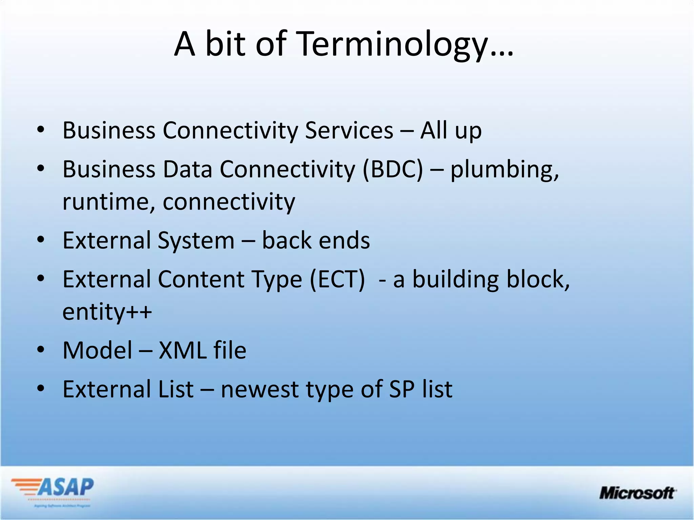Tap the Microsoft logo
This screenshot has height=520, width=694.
(x=637, y=493)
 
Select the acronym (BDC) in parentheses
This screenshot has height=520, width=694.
(x=393, y=169)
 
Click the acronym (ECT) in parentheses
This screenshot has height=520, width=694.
(x=338, y=280)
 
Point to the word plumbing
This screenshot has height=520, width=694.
(x=504, y=169)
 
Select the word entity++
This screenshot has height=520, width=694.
(x=107, y=312)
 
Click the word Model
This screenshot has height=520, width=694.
(x=98, y=350)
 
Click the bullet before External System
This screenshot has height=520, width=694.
(x=41, y=240)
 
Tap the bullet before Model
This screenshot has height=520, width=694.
(x=41, y=350)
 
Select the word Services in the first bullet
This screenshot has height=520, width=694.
(x=349, y=130)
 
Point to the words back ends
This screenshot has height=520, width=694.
(x=315, y=241)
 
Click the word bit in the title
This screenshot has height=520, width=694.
(x=225, y=44)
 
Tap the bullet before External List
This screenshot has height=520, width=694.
(x=41, y=389)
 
